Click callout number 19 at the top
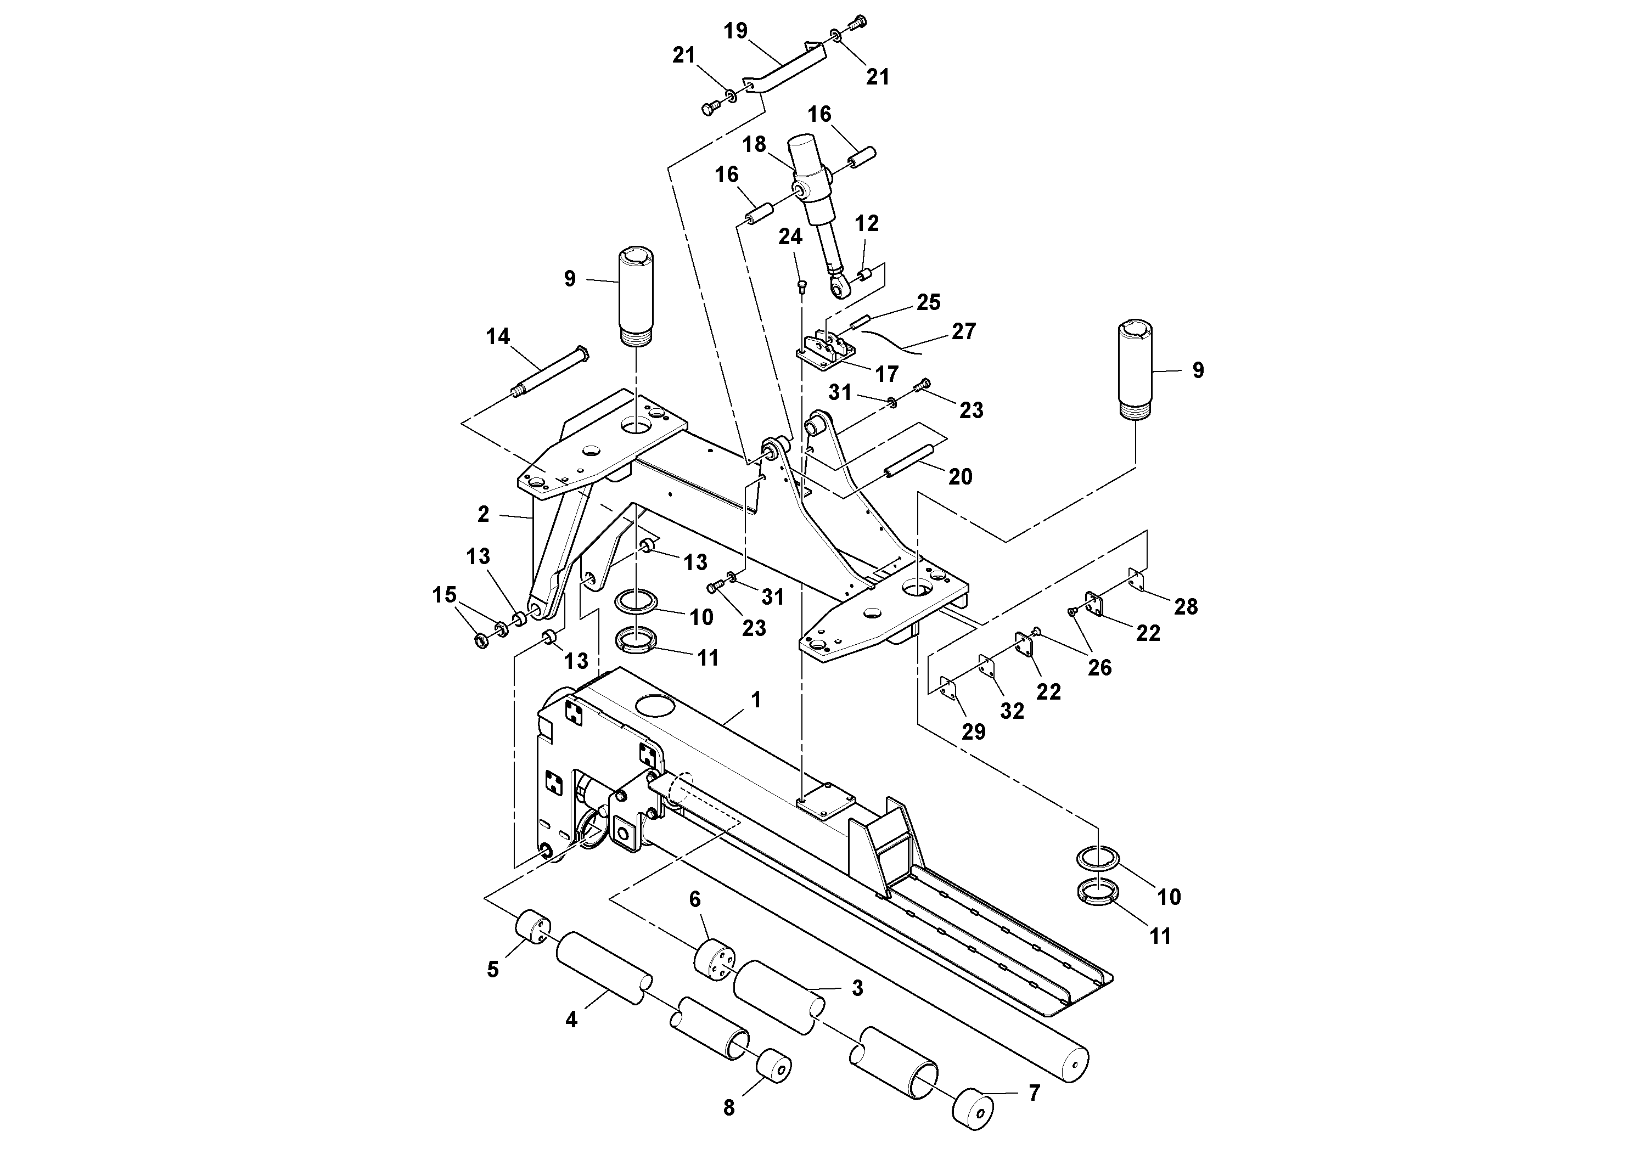pos(736,31)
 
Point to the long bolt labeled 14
pos(549,371)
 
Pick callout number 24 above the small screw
pos(790,237)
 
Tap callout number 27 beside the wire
pos(964,331)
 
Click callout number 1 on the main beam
pos(756,701)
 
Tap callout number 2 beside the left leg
pos(483,514)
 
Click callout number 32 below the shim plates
pos(1012,711)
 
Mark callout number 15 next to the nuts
pos(445,595)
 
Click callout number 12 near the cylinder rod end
pos(867,224)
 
